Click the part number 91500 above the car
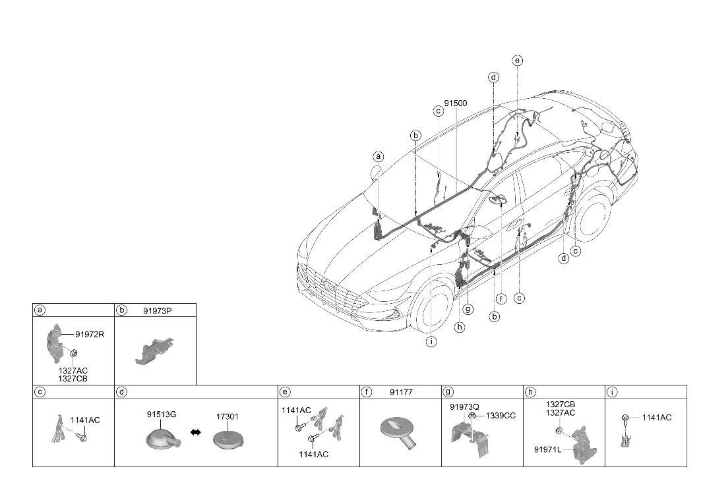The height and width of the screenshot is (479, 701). pos(456,103)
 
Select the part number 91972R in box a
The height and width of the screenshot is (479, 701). pos(90,334)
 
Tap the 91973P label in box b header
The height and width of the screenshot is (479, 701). pos(158,310)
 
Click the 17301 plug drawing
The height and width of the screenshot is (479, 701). pos(228,439)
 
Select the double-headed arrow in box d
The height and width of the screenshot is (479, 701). pos(195,432)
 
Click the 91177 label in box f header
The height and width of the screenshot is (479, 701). pos(401,392)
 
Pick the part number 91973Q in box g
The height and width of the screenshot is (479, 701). pos(464,407)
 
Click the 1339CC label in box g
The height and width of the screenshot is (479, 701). pos(501,416)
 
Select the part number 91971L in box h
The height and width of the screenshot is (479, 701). pos(547,449)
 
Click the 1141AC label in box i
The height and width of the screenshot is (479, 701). pos(657,417)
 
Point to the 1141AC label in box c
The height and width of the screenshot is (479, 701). pos(85,420)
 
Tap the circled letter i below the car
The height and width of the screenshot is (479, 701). pos(431,342)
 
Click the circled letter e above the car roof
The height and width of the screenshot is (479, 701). pos(517,61)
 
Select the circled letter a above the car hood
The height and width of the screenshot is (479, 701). pos(379,156)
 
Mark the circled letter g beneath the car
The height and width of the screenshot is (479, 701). pos(468,309)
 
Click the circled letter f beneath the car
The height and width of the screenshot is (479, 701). pos(501,299)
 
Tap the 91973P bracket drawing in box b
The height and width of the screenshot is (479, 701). pos(154,351)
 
